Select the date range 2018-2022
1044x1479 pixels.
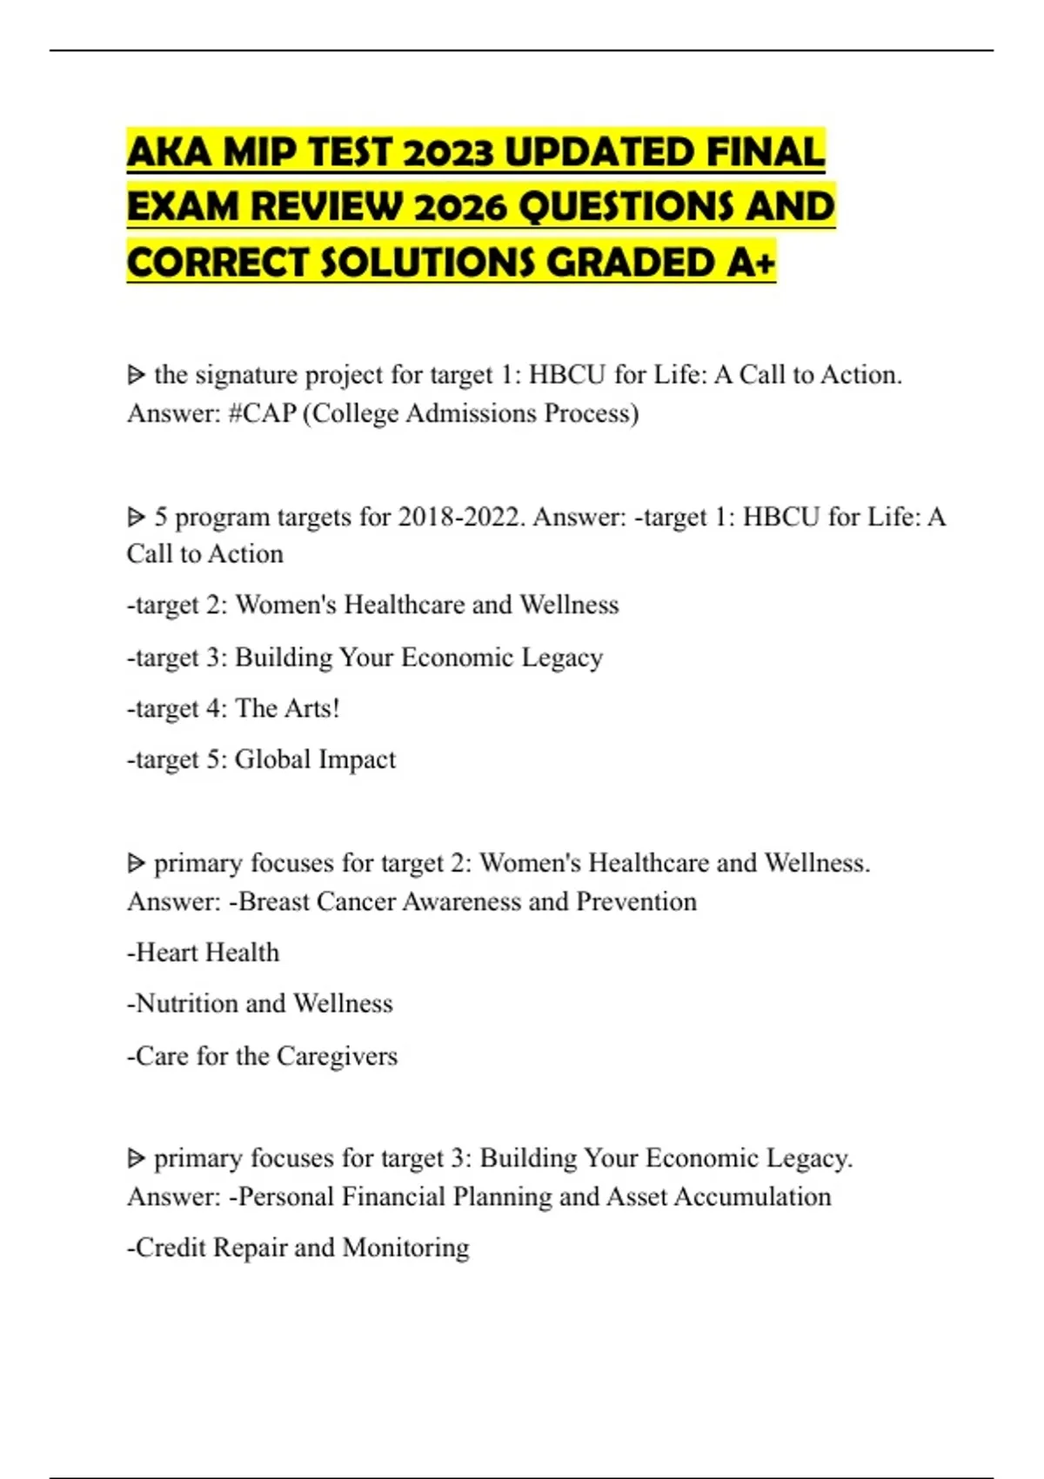click(x=461, y=517)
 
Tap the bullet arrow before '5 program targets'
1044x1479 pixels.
click(x=136, y=517)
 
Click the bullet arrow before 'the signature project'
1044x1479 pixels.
click(x=136, y=375)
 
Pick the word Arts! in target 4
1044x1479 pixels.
click(x=311, y=708)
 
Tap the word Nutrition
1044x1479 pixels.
click(x=187, y=1004)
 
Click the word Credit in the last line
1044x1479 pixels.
click(x=171, y=1248)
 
